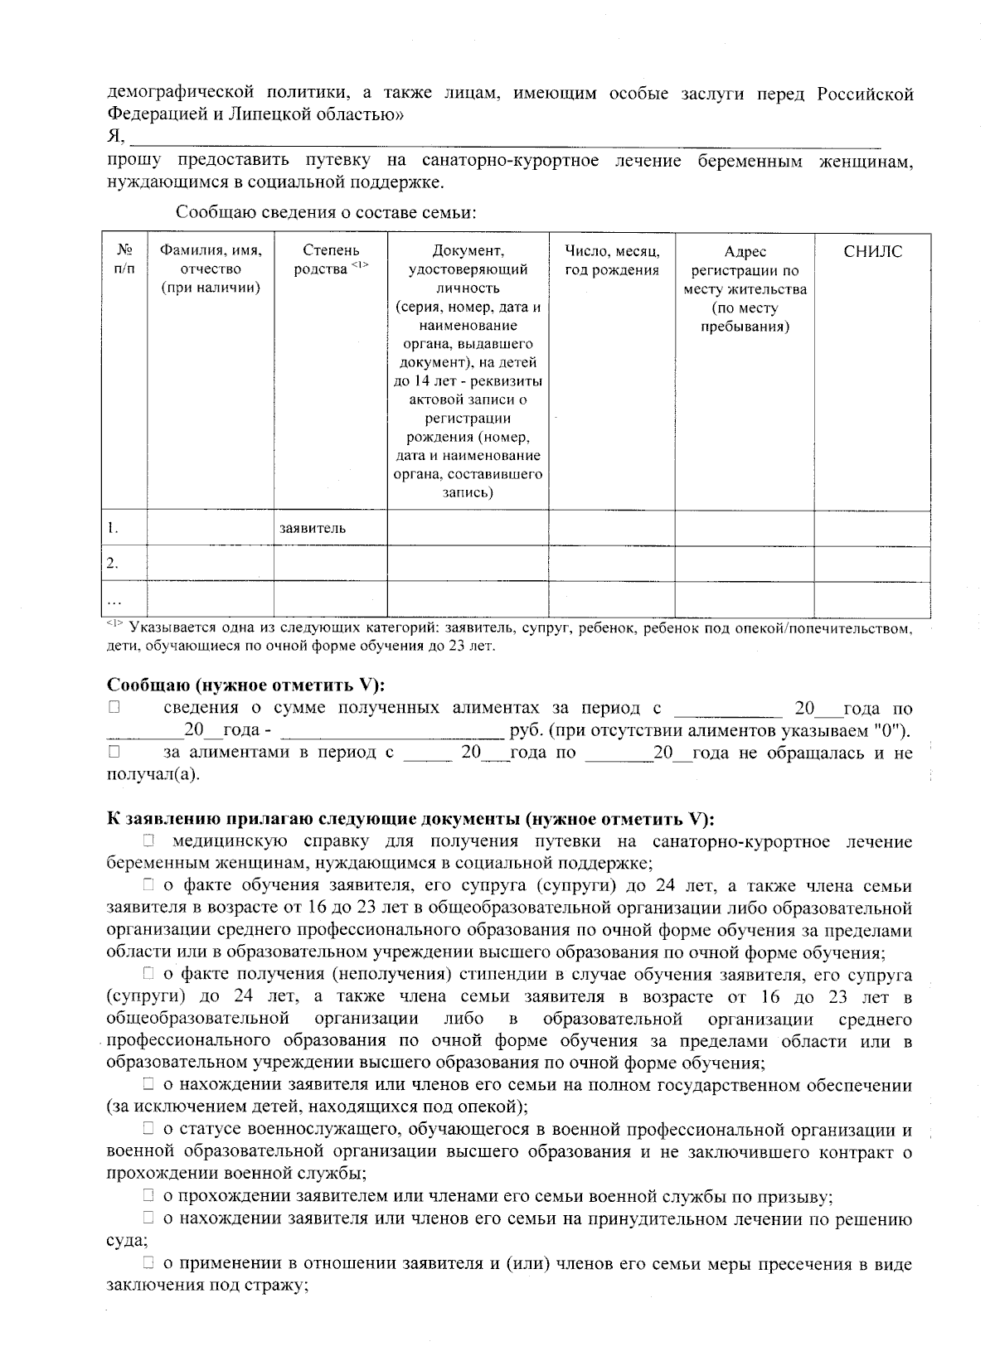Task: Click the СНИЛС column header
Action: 872,252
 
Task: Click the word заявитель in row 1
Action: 313,528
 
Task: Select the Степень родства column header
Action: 331,259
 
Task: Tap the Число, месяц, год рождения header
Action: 611,259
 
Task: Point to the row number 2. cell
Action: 113,564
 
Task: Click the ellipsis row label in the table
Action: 115,599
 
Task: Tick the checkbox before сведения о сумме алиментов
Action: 114,709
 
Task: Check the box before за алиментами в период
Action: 114,753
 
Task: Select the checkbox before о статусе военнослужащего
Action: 148,1130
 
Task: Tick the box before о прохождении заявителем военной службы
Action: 148,1196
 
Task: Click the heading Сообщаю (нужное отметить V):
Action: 247,685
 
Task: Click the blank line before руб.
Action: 394,732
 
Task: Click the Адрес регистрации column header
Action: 745,288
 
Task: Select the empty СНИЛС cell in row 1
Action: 872,528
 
